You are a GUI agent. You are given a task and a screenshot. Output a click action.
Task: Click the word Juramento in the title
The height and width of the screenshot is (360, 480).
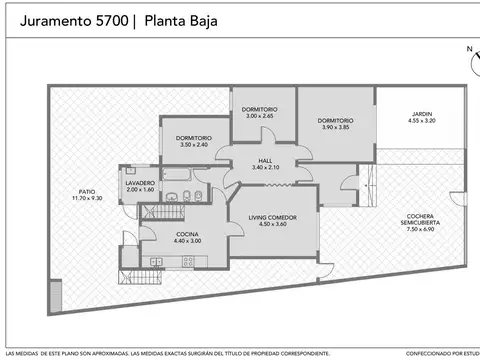(x=54, y=20)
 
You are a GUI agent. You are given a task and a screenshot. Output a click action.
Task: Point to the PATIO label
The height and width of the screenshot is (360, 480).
(x=87, y=191)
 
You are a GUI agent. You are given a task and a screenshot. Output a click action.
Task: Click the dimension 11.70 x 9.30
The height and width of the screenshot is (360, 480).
(x=87, y=198)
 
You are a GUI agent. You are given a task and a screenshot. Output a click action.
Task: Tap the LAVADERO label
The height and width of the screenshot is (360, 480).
(x=140, y=183)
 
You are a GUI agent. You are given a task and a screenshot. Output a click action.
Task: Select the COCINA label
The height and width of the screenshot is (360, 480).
(x=160, y=234)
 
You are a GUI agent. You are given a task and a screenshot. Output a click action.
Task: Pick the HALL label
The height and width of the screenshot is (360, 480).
(x=265, y=160)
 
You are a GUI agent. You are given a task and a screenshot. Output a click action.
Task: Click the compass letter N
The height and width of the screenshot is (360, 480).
(x=467, y=48)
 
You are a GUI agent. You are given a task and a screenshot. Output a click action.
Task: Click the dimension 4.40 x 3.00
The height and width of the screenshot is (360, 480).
(x=160, y=241)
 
